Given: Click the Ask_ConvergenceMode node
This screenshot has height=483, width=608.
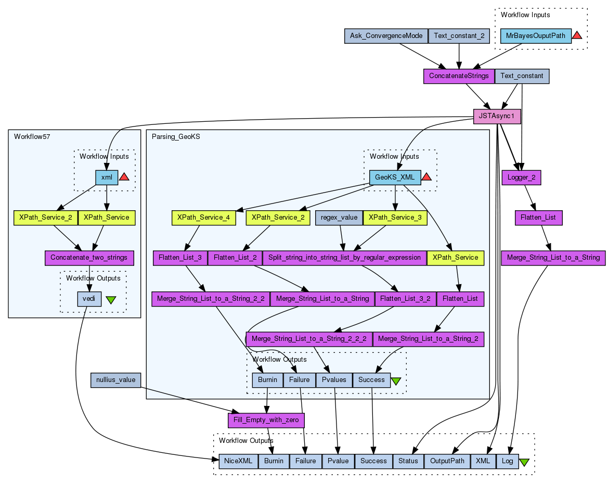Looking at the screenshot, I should pos(386,36).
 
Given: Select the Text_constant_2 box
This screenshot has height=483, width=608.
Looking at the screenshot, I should pos(459,36).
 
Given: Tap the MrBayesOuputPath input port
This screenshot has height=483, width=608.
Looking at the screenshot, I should pos(536,36).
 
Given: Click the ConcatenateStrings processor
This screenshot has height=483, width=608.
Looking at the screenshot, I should pos(459,76).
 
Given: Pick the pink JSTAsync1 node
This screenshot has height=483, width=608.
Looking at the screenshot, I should pos(497,116).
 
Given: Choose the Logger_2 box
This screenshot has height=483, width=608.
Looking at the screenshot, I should pos(521,177).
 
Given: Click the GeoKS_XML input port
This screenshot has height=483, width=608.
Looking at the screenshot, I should pos(395,177).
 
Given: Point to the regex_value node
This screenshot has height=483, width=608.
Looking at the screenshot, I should pos(339,218).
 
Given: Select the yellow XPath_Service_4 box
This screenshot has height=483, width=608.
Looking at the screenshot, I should pos(203,218).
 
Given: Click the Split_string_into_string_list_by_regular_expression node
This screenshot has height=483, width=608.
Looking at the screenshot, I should pos(344,258).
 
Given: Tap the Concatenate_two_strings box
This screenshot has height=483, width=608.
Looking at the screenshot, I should pos(89,258).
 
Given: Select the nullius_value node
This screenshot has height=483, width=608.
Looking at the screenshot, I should pos(115,380).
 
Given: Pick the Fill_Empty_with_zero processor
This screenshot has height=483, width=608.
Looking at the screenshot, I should pos(266,420).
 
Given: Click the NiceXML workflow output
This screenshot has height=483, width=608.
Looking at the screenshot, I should pos(238,461).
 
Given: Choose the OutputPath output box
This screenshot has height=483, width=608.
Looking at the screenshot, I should pos(447,461).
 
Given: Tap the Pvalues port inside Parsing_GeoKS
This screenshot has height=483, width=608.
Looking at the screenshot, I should pos(334,380).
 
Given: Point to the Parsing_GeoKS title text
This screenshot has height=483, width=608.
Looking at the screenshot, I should pos(176,136).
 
